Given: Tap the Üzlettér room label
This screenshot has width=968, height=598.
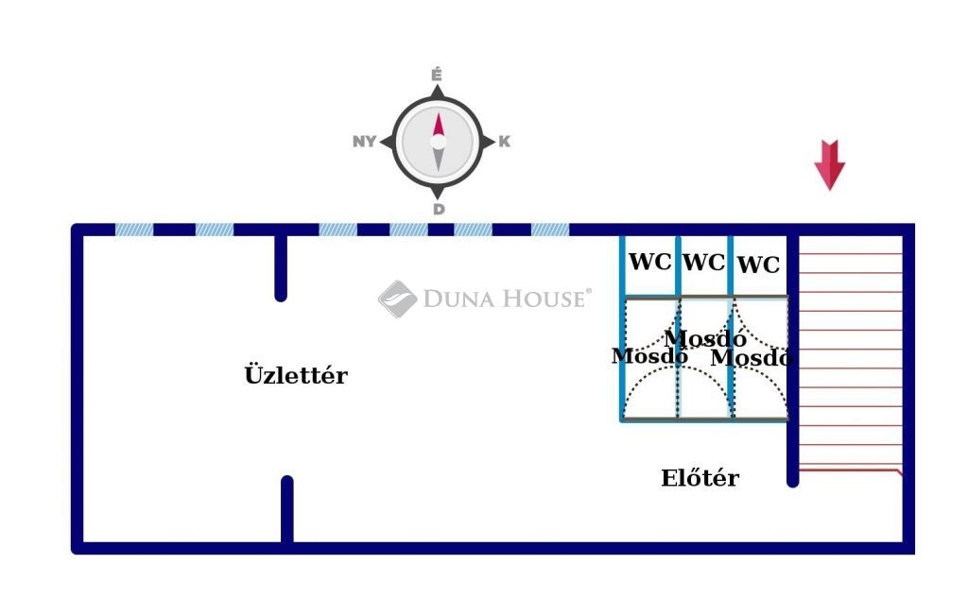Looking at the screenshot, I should click(296, 376).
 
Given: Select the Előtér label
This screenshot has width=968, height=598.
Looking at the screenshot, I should click(700, 478).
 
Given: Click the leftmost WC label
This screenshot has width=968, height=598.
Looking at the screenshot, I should click(650, 262).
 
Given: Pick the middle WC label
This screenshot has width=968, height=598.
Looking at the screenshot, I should click(704, 263).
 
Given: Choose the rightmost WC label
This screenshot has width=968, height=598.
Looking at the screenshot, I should click(759, 265).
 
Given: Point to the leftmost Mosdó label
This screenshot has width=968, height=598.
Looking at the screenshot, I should click(648, 357).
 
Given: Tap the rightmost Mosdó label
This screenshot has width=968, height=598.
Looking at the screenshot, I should click(751, 358).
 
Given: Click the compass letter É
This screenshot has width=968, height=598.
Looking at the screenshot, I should click(438, 74).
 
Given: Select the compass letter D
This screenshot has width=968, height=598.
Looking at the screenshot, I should click(439, 210).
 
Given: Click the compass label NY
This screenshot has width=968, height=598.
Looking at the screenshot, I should click(364, 142).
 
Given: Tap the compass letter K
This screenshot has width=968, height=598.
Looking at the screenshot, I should click(505, 142).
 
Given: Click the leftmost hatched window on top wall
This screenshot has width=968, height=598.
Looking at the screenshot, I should click(134, 230).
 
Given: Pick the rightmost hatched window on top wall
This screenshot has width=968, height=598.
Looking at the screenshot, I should click(550, 230).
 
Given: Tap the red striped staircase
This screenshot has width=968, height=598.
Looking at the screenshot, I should click(849, 359).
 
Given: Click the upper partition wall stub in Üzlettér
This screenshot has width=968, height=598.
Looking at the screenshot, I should click(281, 266).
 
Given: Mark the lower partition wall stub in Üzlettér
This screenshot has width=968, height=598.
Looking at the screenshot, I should click(287, 510).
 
